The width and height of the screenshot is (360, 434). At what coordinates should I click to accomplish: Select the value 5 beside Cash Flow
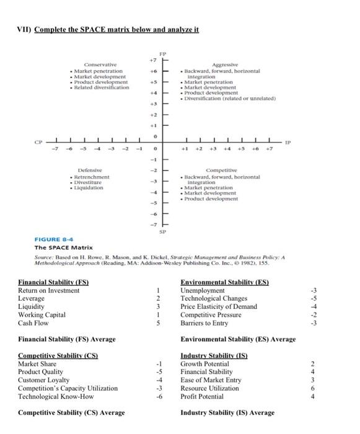point(159,322)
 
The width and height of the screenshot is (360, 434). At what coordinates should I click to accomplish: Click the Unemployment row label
point(203,290)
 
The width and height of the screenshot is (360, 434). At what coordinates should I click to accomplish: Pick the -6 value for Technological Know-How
point(159,396)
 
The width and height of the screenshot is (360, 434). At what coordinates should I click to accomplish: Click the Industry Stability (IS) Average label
point(227,413)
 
